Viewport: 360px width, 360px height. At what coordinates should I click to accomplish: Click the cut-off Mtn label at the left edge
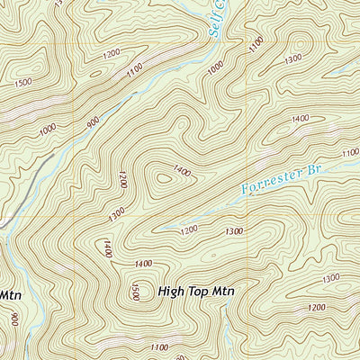[x=9, y=294]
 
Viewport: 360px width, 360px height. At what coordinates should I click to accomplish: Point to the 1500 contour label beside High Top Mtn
[x=135, y=292]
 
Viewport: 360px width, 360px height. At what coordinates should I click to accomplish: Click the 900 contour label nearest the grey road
[x=93, y=126]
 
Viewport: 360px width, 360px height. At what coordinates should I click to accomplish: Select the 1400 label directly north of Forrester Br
[x=300, y=118]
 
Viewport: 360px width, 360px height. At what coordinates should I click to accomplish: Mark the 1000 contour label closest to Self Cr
[x=215, y=68]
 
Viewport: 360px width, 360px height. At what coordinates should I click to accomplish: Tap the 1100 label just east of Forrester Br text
[x=350, y=154]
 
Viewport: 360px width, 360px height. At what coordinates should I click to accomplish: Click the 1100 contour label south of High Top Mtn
[x=160, y=347]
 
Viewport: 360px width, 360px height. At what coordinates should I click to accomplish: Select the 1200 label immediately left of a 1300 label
[x=188, y=230]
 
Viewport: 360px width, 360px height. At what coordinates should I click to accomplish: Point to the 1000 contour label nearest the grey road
[x=48, y=131]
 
